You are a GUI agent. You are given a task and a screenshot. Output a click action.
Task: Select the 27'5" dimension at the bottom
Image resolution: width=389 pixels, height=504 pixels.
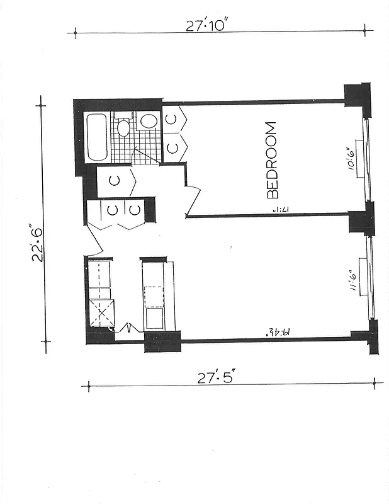[216, 378]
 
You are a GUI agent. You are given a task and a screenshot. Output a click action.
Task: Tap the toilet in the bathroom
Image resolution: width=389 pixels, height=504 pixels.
[123, 127]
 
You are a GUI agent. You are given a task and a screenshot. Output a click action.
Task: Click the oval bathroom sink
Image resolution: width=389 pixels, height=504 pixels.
[149, 120]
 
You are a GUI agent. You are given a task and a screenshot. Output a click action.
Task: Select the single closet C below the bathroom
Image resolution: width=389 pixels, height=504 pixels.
[114, 181]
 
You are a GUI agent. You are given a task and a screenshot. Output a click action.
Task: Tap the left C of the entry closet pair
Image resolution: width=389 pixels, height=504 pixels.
[111, 210]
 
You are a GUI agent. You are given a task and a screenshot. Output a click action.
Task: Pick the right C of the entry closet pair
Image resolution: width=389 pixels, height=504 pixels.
[135, 210]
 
